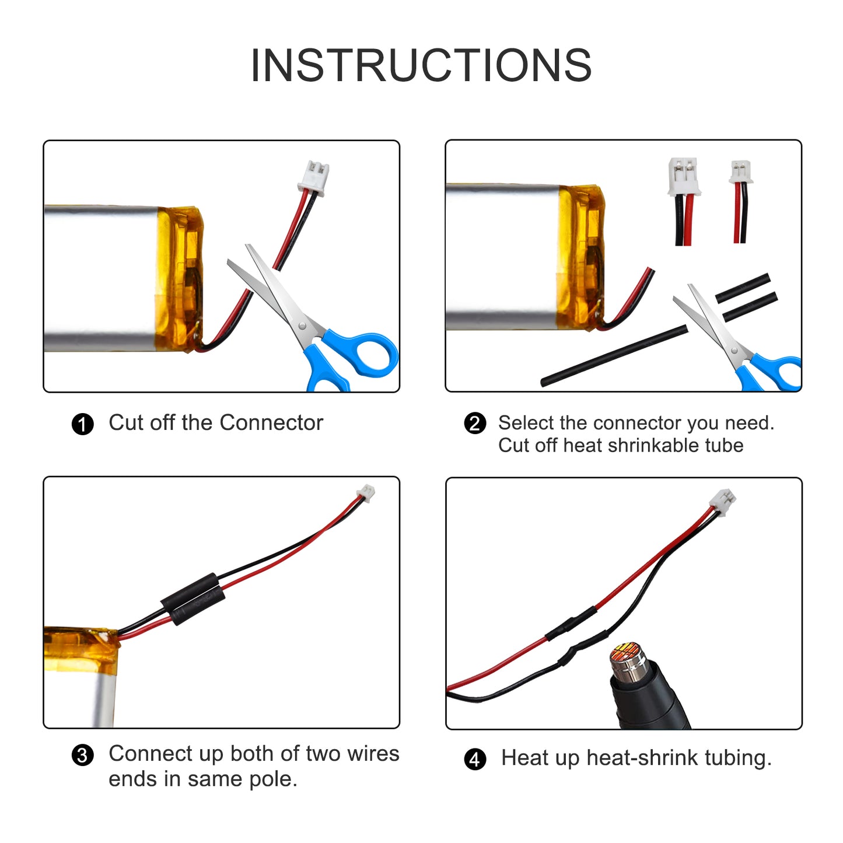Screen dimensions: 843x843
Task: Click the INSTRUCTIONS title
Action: pos(421,65)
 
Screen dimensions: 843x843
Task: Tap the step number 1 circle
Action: pos(82,424)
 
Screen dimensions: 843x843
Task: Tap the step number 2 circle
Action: pos(474,423)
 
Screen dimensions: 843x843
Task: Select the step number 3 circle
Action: pos(82,755)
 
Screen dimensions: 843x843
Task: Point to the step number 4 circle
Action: pos(475,759)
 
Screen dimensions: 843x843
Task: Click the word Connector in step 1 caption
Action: pos(271,423)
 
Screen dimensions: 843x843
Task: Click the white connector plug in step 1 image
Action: pos(313,176)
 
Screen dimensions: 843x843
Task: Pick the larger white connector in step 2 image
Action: pos(684,176)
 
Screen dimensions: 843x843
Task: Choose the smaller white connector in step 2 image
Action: pos(741,172)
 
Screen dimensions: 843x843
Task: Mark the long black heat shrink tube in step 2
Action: pos(614,356)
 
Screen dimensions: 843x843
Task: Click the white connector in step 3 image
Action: pos(366,492)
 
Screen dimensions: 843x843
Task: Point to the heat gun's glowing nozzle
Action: pos(625,656)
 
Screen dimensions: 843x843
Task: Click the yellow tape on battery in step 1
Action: pos(179,279)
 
